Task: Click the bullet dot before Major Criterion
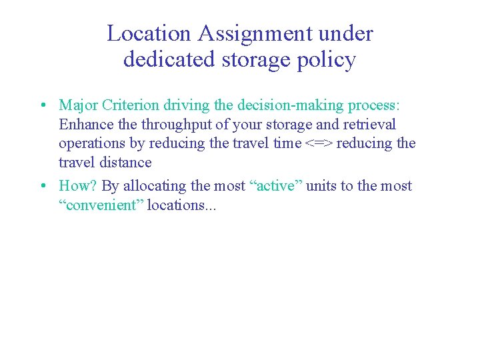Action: coord(42,105)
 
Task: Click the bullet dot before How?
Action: coord(42,186)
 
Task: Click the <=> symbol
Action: coord(319,143)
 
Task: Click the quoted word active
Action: coord(277,186)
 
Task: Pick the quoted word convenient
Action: coord(101,205)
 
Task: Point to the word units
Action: coord(322,186)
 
